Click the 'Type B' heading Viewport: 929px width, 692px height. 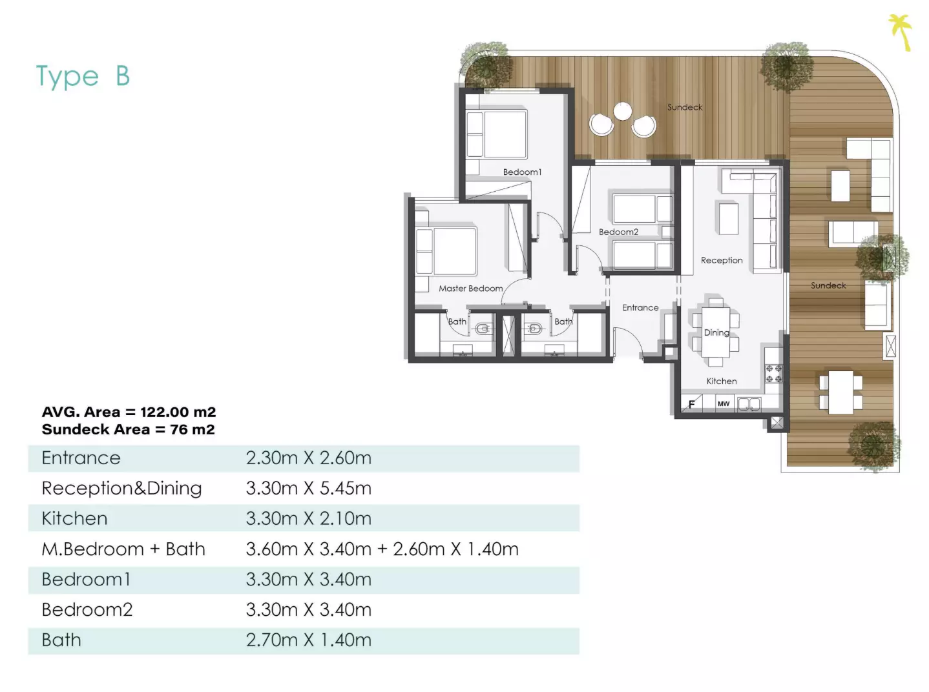coord(83,76)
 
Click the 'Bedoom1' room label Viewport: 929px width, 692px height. coord(522,172)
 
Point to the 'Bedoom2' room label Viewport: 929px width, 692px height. coord(618,232)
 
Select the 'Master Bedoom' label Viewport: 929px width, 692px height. coord(470,289)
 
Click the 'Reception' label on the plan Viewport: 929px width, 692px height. coord(722,260)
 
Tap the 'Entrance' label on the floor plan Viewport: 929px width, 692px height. coord(640,308)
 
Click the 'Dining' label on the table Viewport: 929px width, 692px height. coord(716,332)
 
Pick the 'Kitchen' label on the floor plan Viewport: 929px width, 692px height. coord(721,382)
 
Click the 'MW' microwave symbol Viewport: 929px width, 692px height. coord(724,403)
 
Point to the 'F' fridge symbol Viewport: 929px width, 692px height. coord(691,404)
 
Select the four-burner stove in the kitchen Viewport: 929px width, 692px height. coord(774,374)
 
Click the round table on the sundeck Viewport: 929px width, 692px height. coord(623,112)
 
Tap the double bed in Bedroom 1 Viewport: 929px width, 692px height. coord(497,134)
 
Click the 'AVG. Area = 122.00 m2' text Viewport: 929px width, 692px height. coord(129,412)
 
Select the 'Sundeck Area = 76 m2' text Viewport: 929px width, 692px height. coord(129,429)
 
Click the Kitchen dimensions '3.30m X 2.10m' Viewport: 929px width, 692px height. coord(309,519)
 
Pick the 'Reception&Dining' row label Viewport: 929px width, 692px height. coord(122,489)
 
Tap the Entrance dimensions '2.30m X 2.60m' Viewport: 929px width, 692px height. coord(309,458)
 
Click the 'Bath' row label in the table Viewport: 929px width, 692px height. coord(61,640)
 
